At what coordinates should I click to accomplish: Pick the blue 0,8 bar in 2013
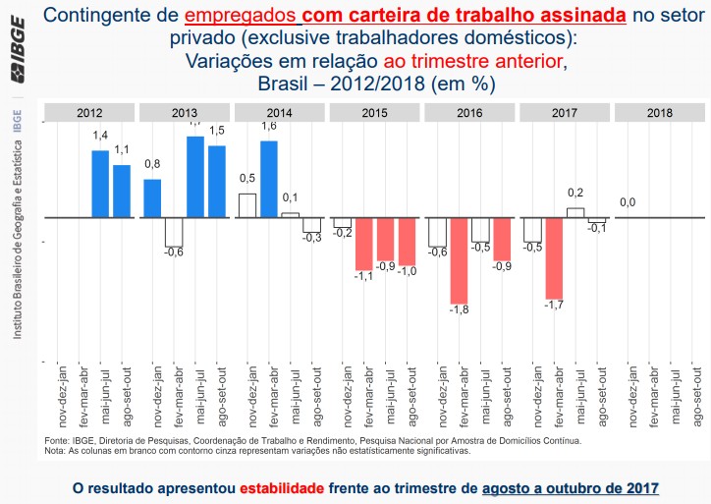point(153,197)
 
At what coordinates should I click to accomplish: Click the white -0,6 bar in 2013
point(174,232)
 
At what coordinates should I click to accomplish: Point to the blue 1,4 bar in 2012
point(100,184)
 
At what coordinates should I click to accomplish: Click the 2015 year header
point(374,113)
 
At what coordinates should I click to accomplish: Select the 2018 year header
point(660,113)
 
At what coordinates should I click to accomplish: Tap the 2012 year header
point(90,113)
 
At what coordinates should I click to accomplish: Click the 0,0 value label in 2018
point(628,202)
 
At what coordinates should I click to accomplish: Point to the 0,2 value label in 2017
point(575,193)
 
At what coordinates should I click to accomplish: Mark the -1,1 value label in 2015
point(364,278)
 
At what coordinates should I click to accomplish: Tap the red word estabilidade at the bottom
point(281,487)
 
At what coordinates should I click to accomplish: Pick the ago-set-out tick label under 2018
point(695,396)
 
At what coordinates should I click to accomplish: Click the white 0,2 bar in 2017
point(575,212)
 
